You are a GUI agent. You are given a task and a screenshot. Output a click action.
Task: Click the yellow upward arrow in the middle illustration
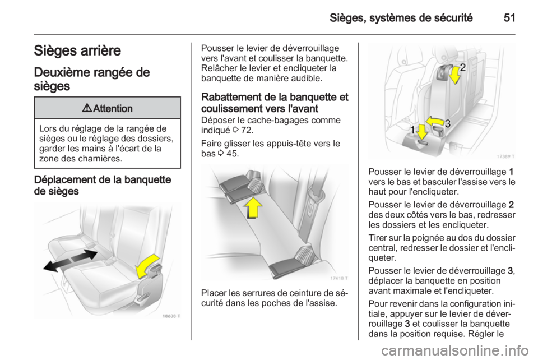tap(254, 209)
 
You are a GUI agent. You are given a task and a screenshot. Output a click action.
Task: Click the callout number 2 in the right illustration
tap(463, 69)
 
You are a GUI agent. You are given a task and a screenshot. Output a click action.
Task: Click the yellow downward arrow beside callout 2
tap(454, 76)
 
